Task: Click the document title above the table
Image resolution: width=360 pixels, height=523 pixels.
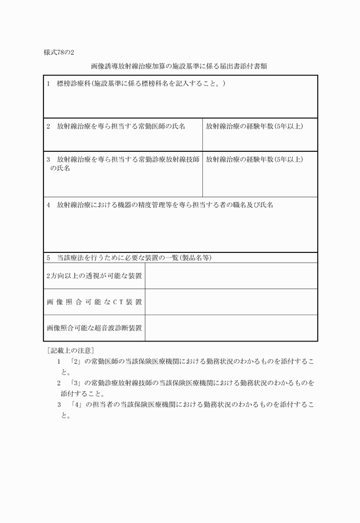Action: pyautogui.click(x=180, y=67)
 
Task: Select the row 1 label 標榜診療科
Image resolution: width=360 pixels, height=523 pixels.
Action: pyautogui.click(x=136, y=84)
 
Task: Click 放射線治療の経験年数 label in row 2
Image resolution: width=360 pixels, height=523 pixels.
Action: pyautogui.click(x=254, y=126)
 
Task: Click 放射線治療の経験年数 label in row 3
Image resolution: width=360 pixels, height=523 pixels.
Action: pyautogui.click(x=254, y=159)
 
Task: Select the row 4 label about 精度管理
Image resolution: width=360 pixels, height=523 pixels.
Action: pyautogui.click(x=160, y=204)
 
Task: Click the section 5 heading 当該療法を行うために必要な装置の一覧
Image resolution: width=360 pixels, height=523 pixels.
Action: pyautogui.click(x=130, y=258)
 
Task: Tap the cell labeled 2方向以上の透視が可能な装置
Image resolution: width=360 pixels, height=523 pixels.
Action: pyautogui.click(x=94, y=276)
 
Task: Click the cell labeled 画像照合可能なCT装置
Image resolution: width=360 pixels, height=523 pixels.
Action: pyautogui.click(x=94, y=302)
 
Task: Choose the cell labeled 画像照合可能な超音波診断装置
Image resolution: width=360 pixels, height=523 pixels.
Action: pyautogui.click(x=94, y=328)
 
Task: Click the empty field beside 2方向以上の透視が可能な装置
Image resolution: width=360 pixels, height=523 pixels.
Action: pyautogui.click(x=231, y=276)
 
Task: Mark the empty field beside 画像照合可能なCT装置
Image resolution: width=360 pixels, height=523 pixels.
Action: pyautogui.click(x=231, y=302)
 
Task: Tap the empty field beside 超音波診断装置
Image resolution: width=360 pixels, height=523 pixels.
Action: pyautogui.click(x=231, y=328)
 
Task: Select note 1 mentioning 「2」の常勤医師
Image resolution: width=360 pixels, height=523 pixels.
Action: pyautogui.click(x=186, y=367)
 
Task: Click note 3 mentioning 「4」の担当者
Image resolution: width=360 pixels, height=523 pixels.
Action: pyautogui.click(x=186, y=409)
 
